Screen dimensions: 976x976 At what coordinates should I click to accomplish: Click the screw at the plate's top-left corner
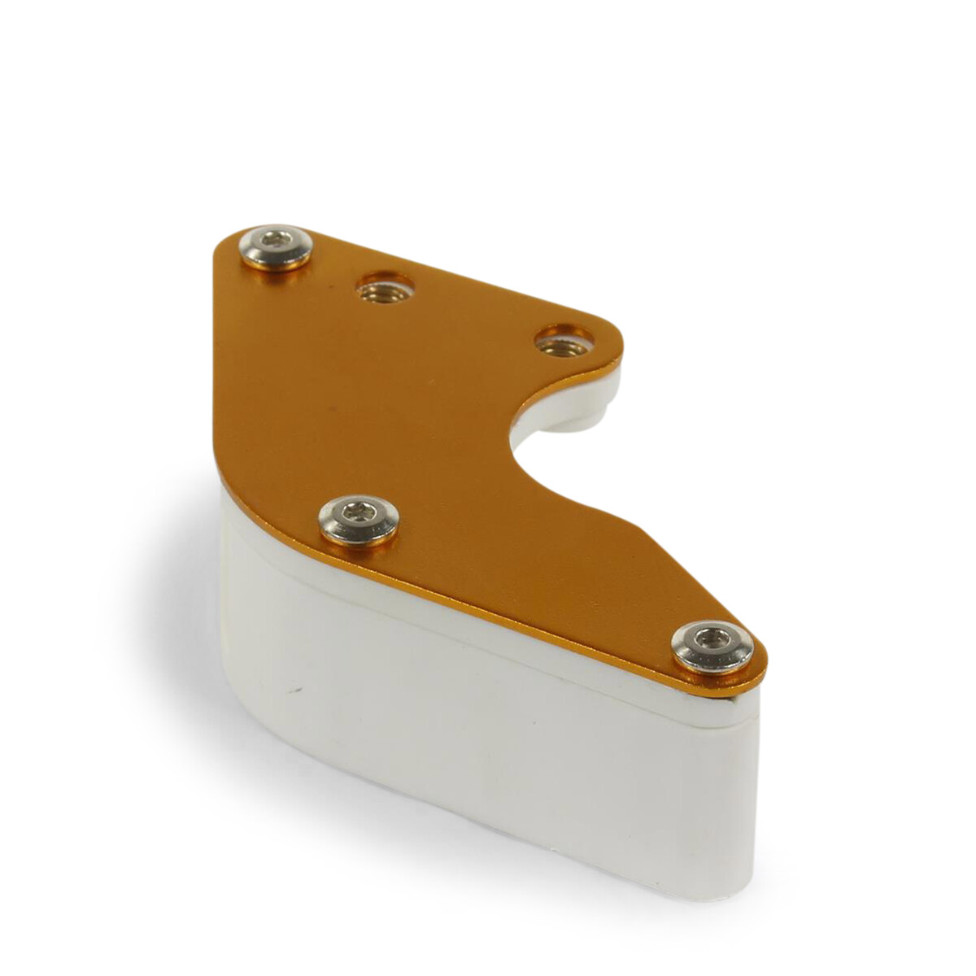276,246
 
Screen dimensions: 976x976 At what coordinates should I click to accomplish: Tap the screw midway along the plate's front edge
359,520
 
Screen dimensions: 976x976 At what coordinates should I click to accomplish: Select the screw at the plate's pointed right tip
712,646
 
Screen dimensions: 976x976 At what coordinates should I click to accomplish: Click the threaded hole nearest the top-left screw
386,288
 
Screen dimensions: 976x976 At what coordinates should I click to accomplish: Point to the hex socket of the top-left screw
277,241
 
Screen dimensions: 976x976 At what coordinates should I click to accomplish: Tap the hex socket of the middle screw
359,512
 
